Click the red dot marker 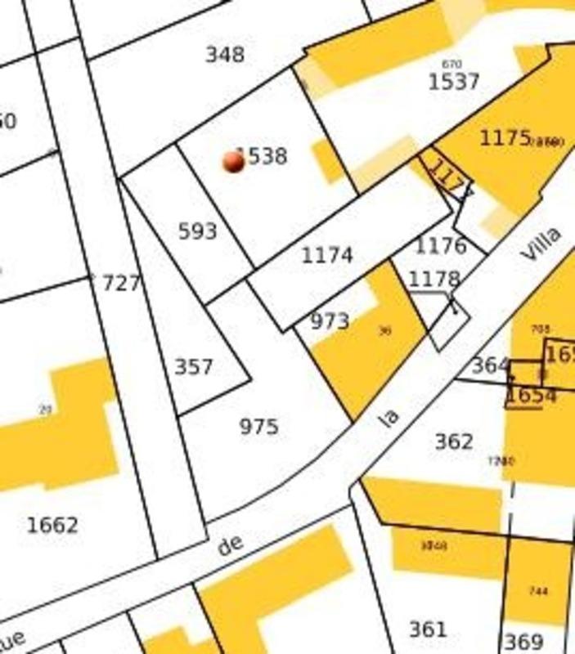point(234,161)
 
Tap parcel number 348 point(224,55)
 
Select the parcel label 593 point(198,231)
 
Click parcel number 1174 point(327,256)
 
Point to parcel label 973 point(330,321)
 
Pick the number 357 point(194,367)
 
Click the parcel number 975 point(258,427)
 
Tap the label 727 point(121,284)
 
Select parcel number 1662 point(53,525)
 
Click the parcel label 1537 point(453,83)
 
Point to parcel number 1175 point(505,137)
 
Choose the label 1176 point(441,245)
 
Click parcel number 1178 point(434,280)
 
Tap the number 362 point(453,442)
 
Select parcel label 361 point(428,629)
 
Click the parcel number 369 point(523,642)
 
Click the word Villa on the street point(541,244)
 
